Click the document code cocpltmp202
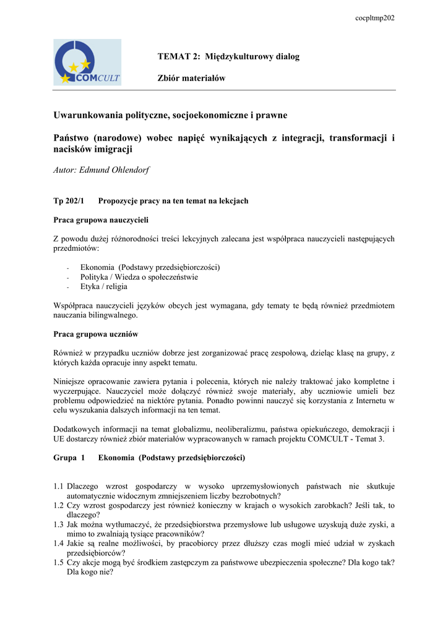(374, 18)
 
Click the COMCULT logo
(87, 62)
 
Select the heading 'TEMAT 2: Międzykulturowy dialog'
(228, 57)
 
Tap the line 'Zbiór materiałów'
(191, 78)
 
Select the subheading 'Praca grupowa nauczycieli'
(101, 219)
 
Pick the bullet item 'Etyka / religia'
(104, 287)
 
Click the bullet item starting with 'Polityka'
(139, 277)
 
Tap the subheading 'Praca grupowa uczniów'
(95, 334)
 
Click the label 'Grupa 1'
(69, 458)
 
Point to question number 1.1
(59, 486)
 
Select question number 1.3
(59, 524)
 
